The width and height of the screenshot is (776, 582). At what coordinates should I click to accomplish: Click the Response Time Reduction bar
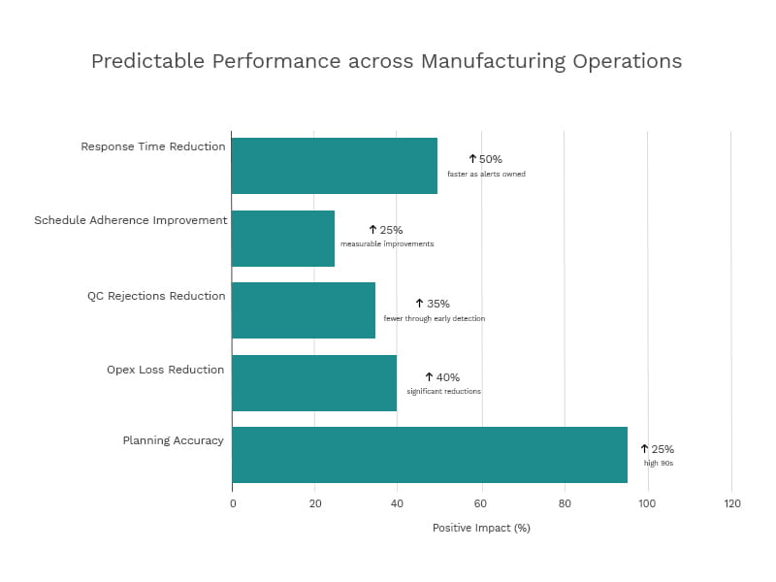335,166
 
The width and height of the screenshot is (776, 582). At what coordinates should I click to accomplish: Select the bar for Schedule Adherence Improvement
283,239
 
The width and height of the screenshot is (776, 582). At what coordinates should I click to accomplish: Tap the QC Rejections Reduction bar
304,310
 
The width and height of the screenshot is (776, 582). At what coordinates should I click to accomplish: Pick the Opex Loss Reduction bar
314,382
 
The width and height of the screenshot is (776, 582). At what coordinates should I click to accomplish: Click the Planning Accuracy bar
430,455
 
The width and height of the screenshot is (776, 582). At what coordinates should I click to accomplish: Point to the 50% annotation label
486,159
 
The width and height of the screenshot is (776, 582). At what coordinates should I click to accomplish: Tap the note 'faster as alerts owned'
486,175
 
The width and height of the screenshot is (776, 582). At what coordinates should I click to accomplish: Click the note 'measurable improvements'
387,244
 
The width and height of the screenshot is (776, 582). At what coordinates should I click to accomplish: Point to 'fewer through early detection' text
434,318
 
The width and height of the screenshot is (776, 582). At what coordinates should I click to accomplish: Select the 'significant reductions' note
443,392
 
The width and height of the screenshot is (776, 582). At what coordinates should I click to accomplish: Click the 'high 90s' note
658,464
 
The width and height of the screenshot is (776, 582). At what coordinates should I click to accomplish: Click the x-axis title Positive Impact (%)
481,529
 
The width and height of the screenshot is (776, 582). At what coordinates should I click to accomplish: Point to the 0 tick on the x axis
233,503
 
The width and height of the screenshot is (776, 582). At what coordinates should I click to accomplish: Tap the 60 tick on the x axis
481,503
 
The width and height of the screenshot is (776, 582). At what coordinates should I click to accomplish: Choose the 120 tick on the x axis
731,503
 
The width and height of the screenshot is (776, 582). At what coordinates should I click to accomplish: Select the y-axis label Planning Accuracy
173,440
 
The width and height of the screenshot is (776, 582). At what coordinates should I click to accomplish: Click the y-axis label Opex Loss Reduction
165,370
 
